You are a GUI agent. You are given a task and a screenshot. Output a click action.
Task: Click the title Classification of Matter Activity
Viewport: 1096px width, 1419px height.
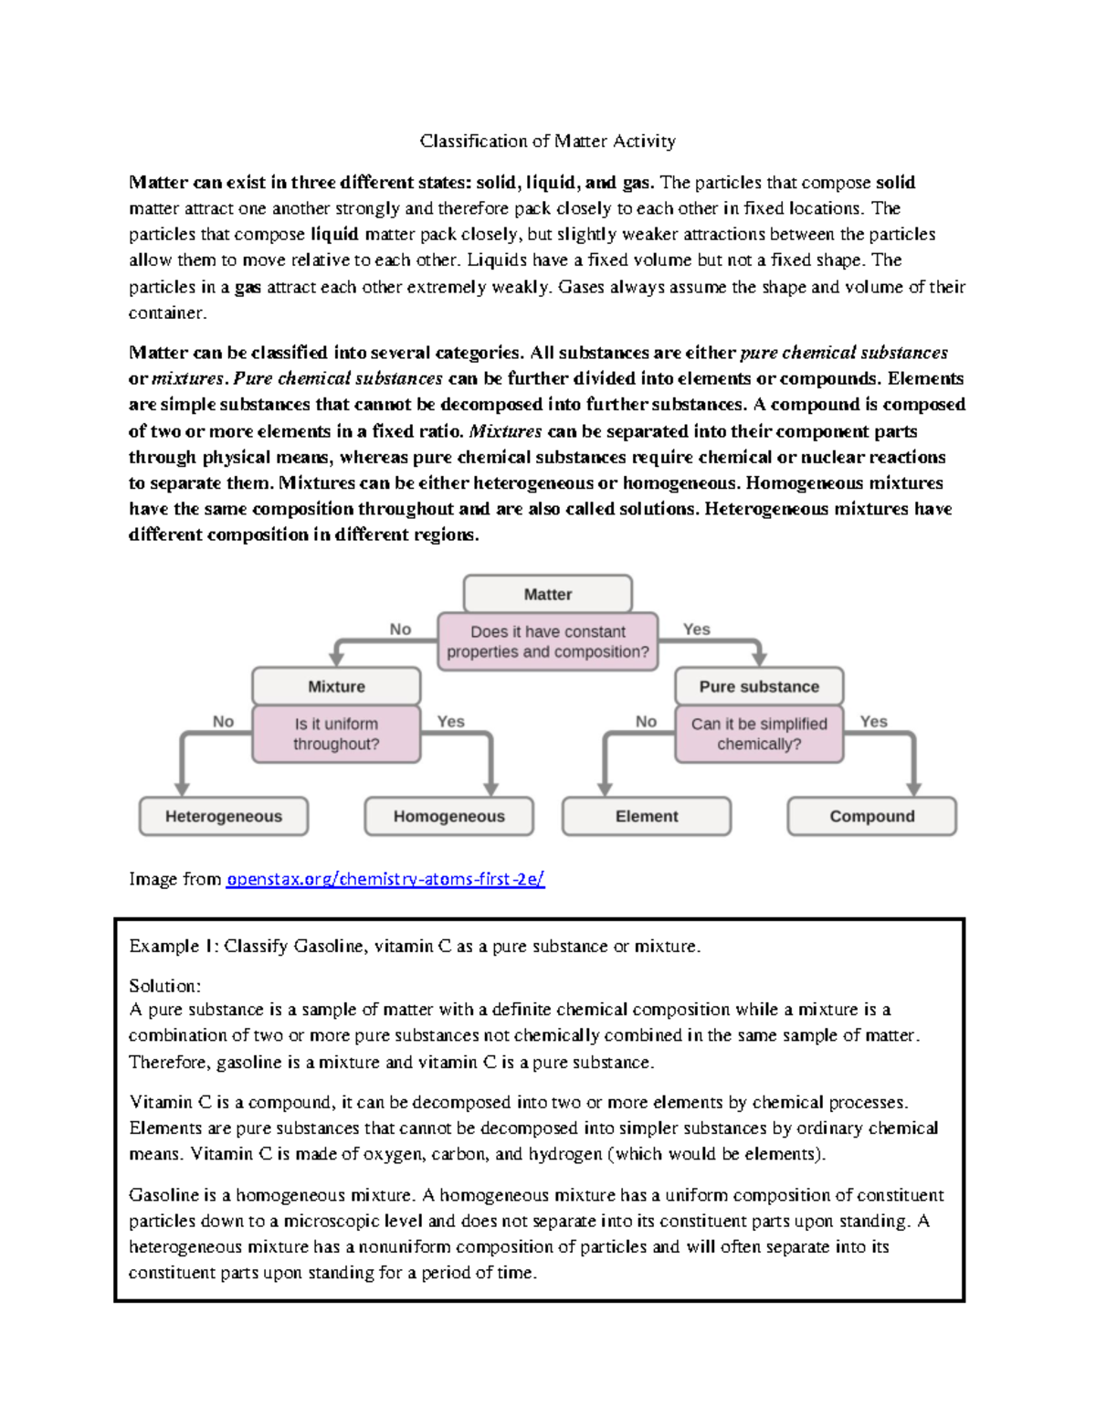[547, 141]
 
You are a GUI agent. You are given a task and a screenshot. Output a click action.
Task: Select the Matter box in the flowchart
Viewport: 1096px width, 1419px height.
[547, 594]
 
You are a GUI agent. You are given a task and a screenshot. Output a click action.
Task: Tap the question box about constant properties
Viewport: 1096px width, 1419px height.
[547, 641]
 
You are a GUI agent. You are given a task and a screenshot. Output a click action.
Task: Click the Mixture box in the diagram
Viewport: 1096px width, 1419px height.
[336, 686]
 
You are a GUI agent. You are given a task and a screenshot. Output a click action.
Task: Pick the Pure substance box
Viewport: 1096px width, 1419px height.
[759, 686]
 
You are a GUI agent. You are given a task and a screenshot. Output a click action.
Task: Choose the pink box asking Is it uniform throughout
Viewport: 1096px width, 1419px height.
[336, 734]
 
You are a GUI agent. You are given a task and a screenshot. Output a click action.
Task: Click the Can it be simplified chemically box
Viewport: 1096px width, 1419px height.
[759, 734]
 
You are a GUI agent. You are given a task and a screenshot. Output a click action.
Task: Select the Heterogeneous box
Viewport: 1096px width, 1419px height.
[224, 816]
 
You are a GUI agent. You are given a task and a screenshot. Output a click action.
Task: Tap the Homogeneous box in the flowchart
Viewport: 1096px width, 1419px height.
[448, 816]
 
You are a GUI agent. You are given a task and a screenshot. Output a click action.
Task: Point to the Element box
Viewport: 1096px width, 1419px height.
[647, 816]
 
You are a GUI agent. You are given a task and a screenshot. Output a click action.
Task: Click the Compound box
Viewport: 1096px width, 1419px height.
[871, 816]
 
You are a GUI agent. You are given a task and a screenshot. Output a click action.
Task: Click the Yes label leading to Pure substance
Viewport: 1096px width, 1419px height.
[696, 629]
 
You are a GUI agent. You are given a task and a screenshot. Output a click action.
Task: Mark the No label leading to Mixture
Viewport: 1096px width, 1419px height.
[400, 629]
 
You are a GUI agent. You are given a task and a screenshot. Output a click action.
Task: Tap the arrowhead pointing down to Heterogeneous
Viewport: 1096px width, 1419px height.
[182, 789]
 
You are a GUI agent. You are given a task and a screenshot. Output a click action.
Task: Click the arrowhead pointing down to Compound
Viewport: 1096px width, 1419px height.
[913, 789]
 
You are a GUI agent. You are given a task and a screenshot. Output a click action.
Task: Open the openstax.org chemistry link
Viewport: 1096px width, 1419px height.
[385, 879]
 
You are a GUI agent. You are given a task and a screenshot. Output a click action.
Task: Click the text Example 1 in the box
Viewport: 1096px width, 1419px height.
[174, 946]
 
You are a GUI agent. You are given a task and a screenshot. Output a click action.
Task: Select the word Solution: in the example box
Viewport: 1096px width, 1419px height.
[164, 986]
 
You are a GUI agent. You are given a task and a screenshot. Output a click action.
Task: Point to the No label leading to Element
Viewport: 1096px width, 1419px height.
[646, 721]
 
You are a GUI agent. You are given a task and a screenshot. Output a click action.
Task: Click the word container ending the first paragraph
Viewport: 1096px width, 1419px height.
[167, 312]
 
